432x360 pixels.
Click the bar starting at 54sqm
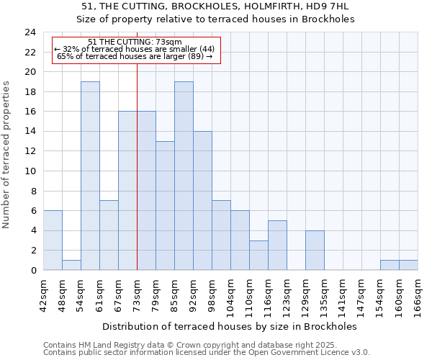(x=90, y=176)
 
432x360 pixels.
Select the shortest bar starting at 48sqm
(x=71, y=265)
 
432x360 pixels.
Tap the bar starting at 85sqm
(x=184, y=176)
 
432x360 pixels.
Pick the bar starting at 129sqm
(x=315, y=250)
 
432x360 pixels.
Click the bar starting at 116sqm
(x=277, y=245)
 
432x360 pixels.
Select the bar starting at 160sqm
(x=408, y=265)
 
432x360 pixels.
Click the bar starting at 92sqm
(x=202, y=201)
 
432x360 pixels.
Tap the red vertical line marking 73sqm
(x=137, y=166)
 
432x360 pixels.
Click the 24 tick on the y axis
(x=30, y=32)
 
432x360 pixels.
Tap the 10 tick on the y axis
(x=30, y=171)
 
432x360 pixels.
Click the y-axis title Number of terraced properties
(x=7, y=155)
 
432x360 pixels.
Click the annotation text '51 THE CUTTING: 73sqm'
(x=135, y=42)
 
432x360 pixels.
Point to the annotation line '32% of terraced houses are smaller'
(x=135, y=49)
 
